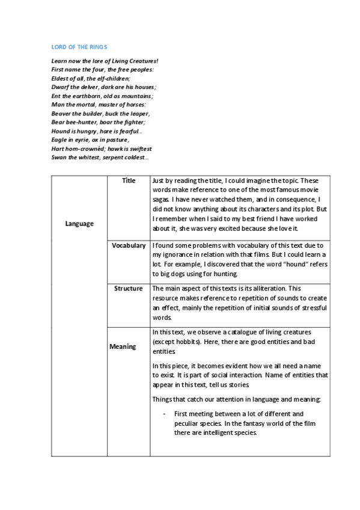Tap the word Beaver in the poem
point(61,113)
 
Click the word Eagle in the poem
point(59,140)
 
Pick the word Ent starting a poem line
point(56,96)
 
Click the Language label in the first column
point(79,224)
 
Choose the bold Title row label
point(129,180)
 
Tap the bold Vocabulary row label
point(129,245)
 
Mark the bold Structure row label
point(129,289)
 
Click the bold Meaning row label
point(123,346)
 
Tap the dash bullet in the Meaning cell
point(164,414)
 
